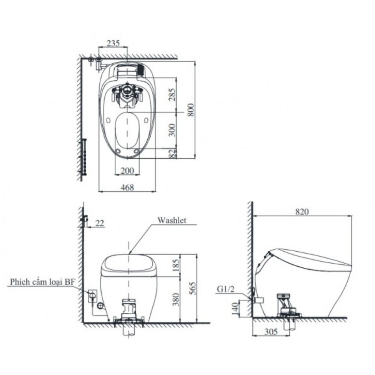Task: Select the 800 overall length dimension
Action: [191, 109]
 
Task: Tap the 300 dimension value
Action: [172, 130]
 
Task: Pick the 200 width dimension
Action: [127, 171]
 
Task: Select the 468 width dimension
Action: [127, 187]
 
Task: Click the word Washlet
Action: [171, 220]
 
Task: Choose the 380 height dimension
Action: [176, 299]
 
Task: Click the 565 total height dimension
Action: [192, 288]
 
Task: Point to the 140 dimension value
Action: [235, 309]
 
